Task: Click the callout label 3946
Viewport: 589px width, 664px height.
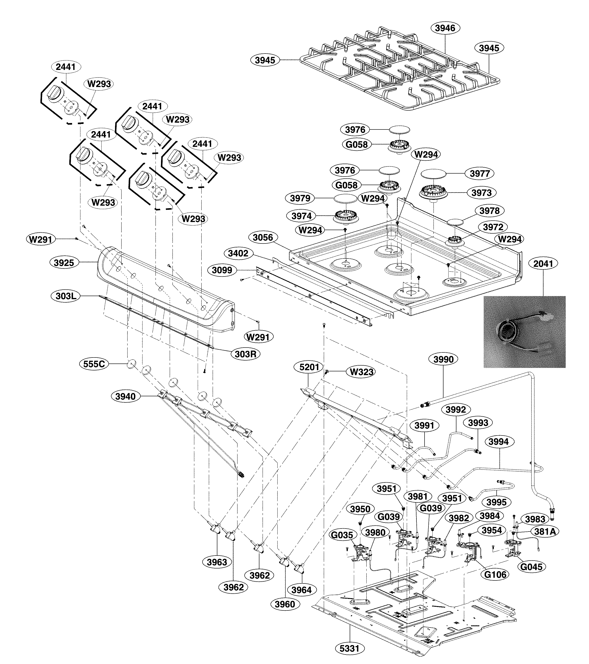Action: click(x=445, y=28)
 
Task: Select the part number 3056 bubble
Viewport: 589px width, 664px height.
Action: click(x=263, y=237)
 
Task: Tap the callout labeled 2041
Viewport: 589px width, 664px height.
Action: click(x=543, y=264)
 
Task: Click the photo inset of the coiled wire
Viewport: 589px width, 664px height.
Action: click(x=524, y=332)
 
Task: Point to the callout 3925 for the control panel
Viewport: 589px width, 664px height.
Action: click(x=64, y=263)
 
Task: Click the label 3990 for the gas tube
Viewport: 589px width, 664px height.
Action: click(x=443, y=359)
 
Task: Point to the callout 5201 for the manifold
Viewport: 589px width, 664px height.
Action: click(x=309, y=367)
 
